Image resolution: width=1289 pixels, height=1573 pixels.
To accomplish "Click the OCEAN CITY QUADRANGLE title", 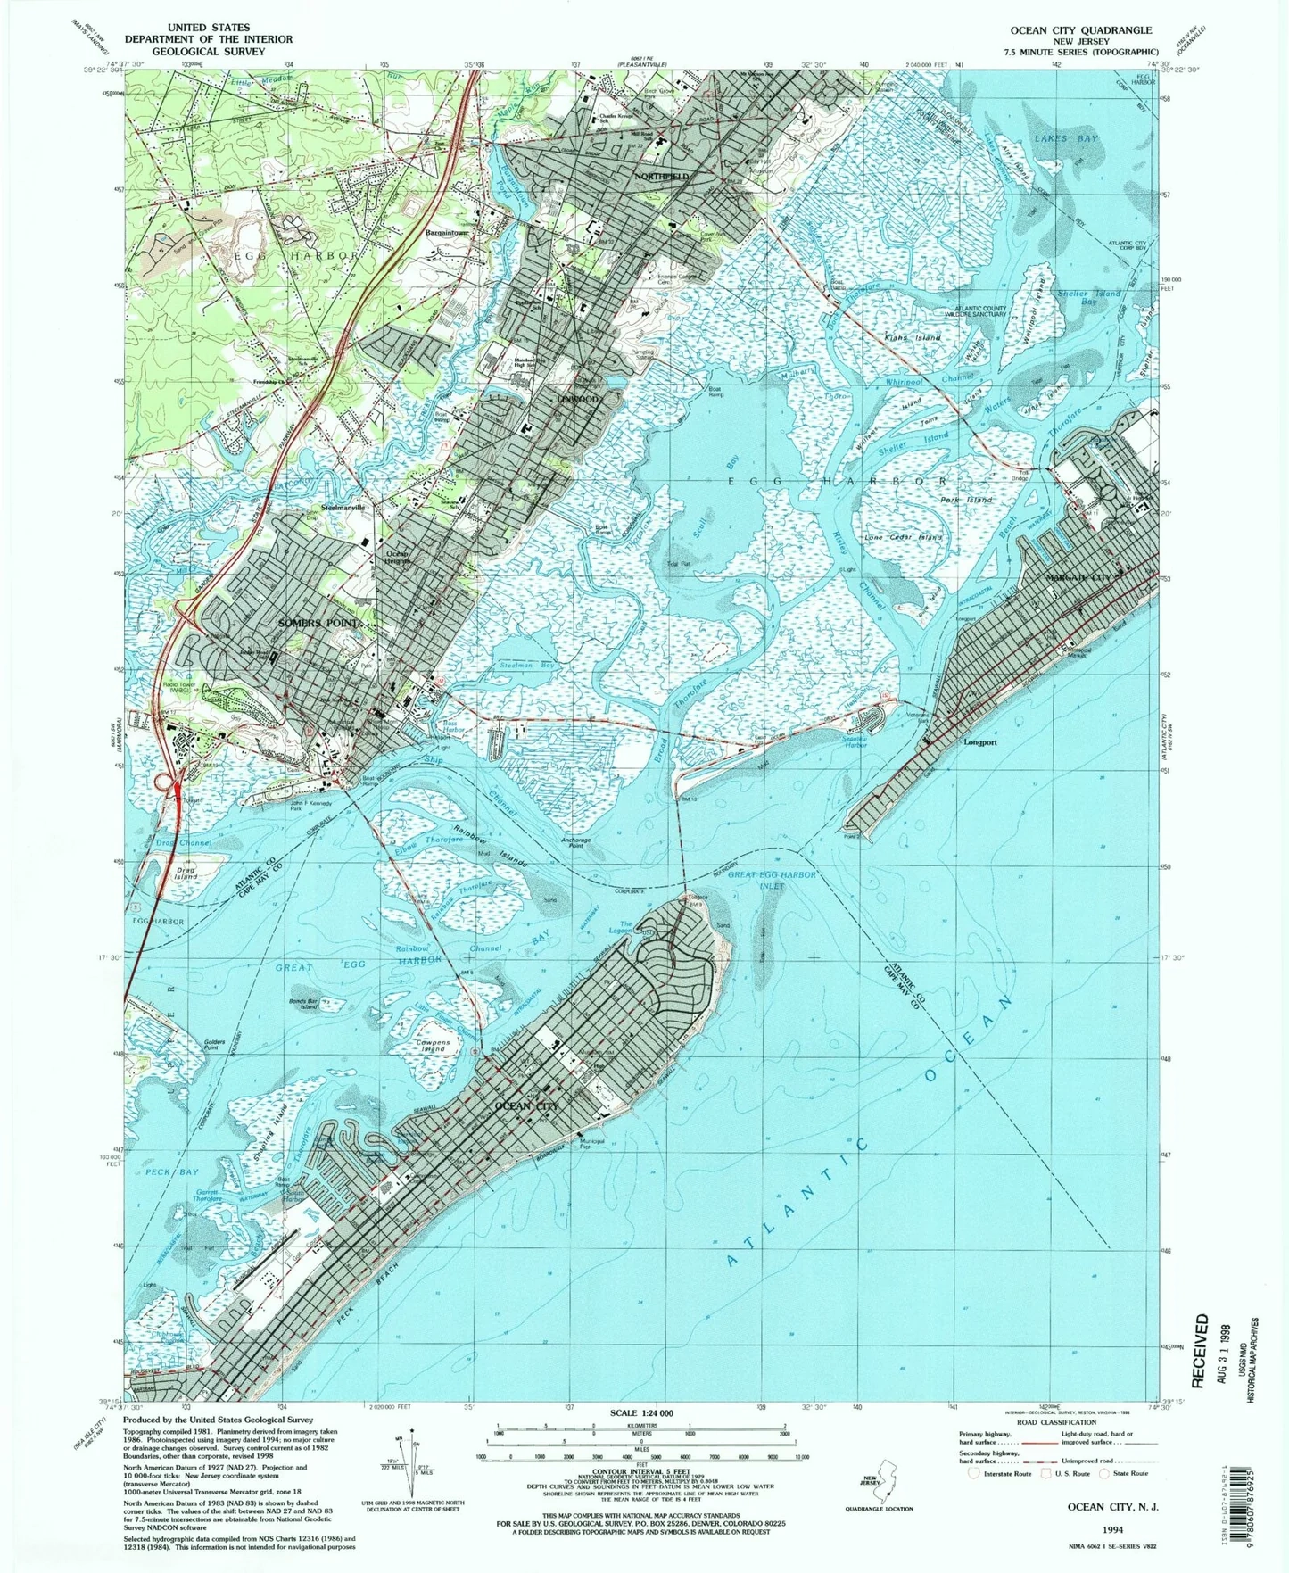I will pos(1080,30).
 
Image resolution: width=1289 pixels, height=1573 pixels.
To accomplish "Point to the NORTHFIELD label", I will pos(661,177).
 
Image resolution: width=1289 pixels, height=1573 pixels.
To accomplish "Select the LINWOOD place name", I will pos(579,399).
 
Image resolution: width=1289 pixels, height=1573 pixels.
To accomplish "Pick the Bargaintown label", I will pos(447,233).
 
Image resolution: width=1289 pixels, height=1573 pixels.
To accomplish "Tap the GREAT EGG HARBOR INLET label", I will pos(772,881).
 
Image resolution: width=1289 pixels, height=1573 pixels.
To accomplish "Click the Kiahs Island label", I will pos(912,338).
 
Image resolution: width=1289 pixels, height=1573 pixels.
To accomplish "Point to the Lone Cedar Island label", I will pos(904,538).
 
